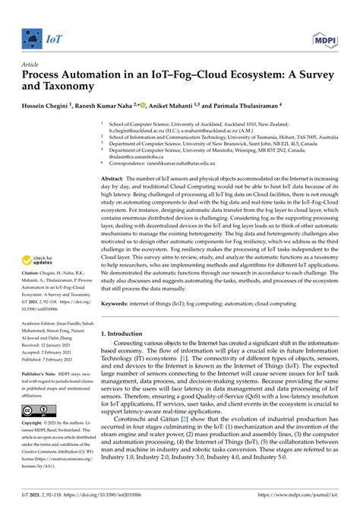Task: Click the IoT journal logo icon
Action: (x=31, y=36)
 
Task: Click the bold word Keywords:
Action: (x=118, y=302)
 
